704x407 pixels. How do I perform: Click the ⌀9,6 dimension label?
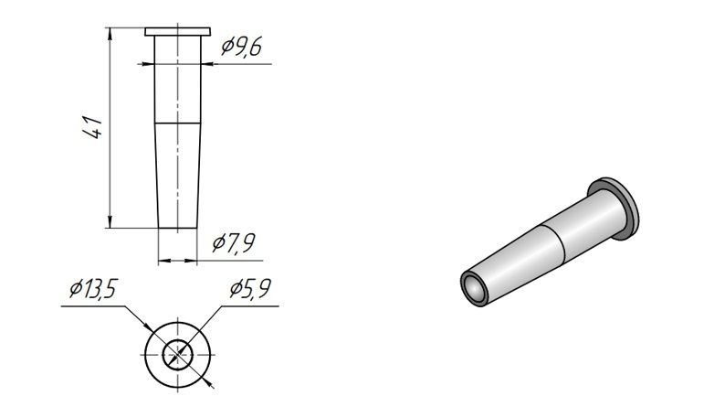coord(241,48)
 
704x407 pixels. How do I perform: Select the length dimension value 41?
coord(93,127)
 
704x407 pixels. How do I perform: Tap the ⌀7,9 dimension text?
coord(234,243)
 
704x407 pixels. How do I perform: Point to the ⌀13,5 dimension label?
coord(94,288)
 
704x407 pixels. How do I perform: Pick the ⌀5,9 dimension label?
coord(250,288)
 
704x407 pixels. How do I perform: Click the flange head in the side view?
coord(178,31)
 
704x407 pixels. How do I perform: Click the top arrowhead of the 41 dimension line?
coord(110,33)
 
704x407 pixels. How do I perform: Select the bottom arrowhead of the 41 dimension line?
coord(110,222)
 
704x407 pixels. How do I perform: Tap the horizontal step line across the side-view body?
coord(178,123)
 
